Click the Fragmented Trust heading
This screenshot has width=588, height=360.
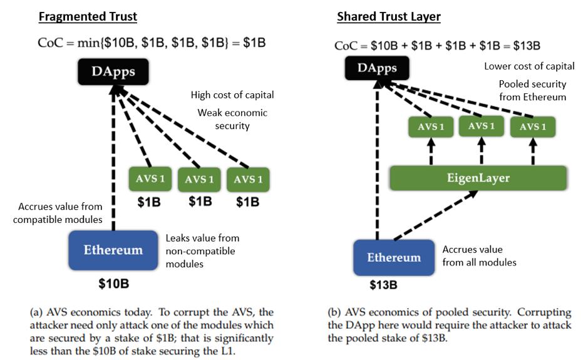click(x=88, y=16)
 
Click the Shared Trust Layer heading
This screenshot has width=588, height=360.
click(x=388, y=16)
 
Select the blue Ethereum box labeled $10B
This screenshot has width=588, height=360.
click(x=113, y=250)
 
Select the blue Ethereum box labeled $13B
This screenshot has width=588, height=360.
click(x=393, y=257)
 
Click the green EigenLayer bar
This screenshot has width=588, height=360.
click(x=478, y=178)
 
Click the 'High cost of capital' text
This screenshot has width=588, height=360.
click(x=232, y=95)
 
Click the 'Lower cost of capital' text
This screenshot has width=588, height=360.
click(x=522, y=66)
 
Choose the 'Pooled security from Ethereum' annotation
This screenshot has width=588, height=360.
click(x=532, y=90)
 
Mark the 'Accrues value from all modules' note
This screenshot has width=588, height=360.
click(x=479, y=255)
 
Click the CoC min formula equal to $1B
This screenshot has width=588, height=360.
click(x=152, y=43)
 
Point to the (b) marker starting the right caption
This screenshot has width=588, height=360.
click(x=334, y=312)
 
